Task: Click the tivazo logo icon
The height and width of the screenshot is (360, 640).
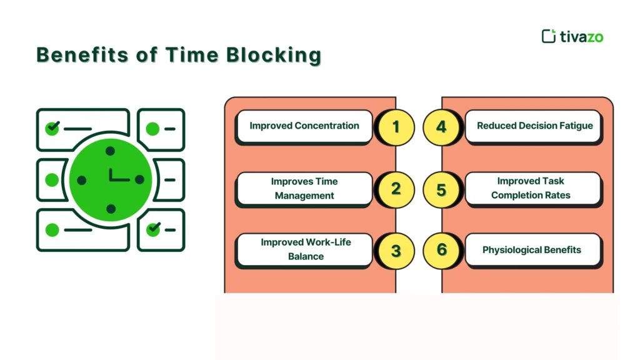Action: coord(548,36)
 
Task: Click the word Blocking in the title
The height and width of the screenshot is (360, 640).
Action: coord(274,55)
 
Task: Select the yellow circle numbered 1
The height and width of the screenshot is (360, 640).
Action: coord(395,127)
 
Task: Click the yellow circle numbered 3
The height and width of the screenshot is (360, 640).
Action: coord(395,250)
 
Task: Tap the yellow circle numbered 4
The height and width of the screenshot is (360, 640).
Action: coord(441,127)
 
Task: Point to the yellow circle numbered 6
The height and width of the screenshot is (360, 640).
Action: coord(441,250)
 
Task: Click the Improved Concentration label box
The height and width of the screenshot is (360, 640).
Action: coord(304,126)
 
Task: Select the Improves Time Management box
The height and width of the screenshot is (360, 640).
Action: coord(304,189)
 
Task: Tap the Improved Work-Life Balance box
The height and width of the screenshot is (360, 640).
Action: coord(304,249)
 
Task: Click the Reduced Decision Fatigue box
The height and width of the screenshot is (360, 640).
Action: coord(534,126)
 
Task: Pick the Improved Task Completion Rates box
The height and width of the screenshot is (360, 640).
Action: coord(534,188)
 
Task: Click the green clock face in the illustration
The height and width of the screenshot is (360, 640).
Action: coord(111,179)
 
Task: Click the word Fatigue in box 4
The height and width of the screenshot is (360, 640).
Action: coord(575,126)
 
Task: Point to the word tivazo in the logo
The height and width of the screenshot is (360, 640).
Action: coord(581,37)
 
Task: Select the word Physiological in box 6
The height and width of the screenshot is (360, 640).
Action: coord(509,250)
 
